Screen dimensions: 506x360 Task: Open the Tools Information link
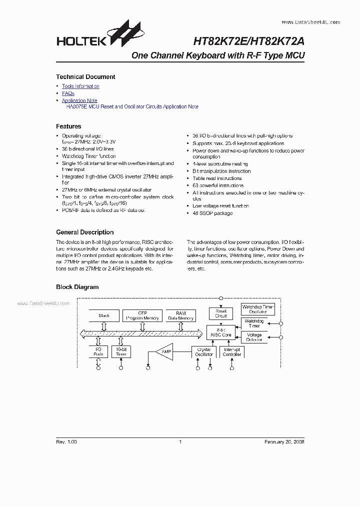[x=80, y=86]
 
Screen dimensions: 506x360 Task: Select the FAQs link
[x=68, y=93]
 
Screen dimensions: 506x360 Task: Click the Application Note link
[x=79, y=100]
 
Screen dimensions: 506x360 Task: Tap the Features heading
[x=68, y=126]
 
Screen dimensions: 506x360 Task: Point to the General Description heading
[x=85, y=232]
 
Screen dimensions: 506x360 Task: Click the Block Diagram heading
[x=77, y=287]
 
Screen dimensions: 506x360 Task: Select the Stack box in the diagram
[x=104, y=315]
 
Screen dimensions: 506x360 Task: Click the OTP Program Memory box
[x=143, y=315]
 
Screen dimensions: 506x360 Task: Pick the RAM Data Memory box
[x=181, y=315]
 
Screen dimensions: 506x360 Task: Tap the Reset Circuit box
[x=221, y=313]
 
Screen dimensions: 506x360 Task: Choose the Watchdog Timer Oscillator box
[x=258, y=309]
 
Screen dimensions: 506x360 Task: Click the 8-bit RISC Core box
[x=221, y=332]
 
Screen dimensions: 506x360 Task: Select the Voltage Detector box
[x=254, y=337]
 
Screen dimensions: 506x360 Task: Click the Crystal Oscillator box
[x=204, y=352]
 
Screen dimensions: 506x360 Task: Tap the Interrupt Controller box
[x=232, y=352]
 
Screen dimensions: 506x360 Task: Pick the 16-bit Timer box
[x=121, y=352]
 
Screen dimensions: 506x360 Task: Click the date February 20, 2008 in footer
[x=284, y=442]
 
